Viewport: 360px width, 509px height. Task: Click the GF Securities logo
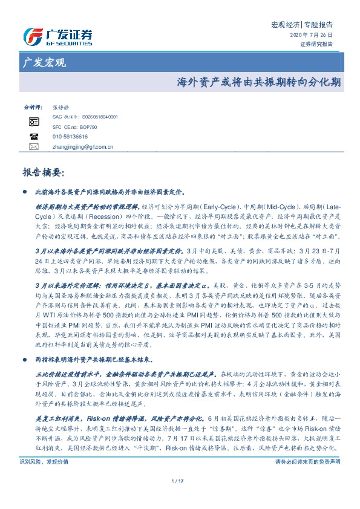(x=57, y=36)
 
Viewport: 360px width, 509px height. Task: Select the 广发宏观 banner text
(x=44, y=63)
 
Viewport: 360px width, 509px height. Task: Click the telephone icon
(x=34, y=137)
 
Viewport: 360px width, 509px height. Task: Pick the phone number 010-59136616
(x=70, y=137)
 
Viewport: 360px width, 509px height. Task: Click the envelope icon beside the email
(x=34, y=146)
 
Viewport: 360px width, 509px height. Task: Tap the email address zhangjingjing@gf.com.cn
(x=83, y=146)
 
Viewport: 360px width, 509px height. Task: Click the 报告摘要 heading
(x=42, y=172)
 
